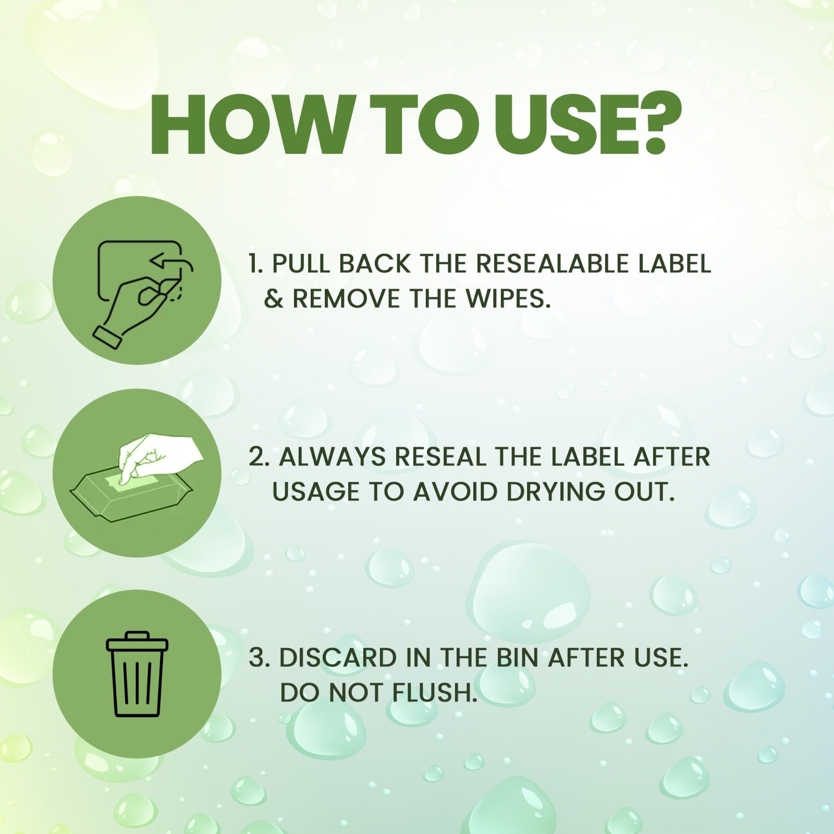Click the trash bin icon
point(137,673)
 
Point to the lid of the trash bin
point(137,641)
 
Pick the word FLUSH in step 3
point(435,693)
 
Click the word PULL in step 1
point(302,264)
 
